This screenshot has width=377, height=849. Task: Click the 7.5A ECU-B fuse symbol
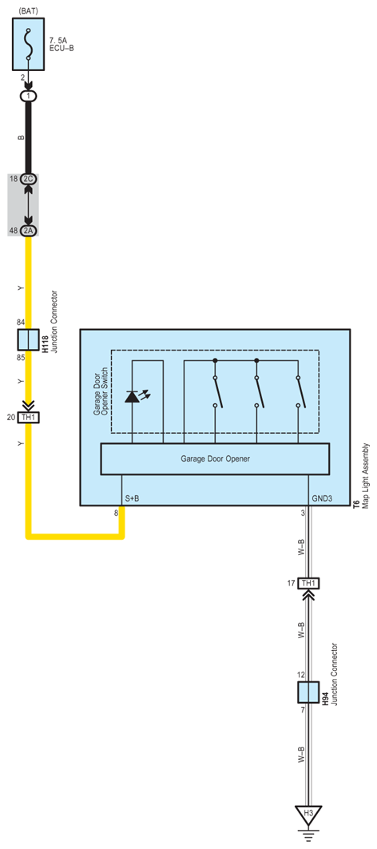pos(29,46)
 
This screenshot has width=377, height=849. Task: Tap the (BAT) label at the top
pos(29,11)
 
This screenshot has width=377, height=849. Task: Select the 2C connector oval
pos(29,179)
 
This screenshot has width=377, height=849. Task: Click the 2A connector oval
pos(29,231)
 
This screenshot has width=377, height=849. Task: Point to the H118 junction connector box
pos(29,340)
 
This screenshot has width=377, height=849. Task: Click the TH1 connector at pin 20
pos(29,416)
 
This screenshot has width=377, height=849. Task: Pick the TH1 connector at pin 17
pos(308,583)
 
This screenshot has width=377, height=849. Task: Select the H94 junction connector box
pos(308,692)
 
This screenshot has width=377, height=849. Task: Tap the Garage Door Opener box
pos(204,459)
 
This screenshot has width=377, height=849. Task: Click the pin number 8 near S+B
pos(116,513)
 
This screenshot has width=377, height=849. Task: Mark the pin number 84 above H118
pos(22,322)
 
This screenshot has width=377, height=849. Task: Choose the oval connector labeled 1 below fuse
pos(29,96)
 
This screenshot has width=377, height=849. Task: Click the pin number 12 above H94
pos(301,674)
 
